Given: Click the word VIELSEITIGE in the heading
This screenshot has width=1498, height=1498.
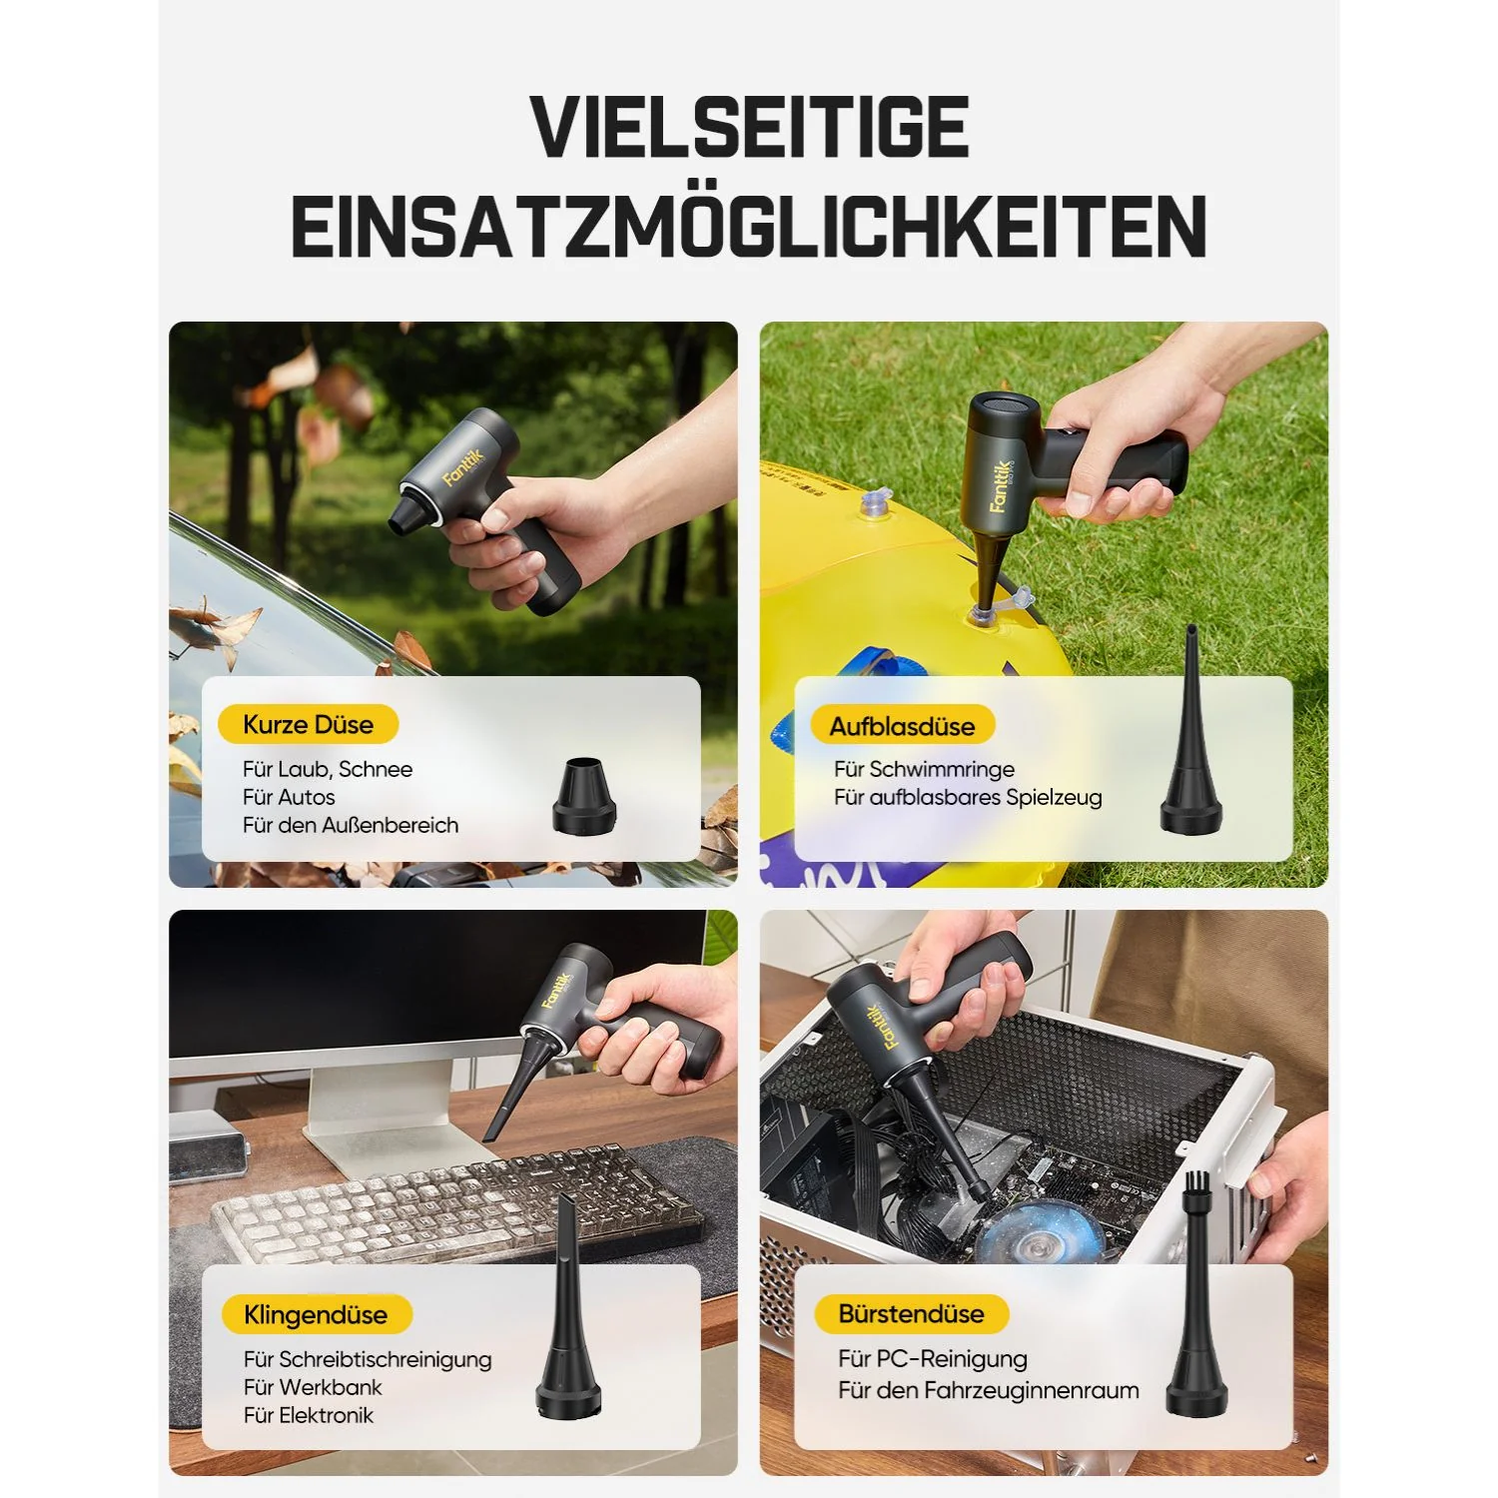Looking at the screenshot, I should [x=749, y=128].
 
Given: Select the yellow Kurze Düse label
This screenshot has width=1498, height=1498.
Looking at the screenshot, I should [x=308, y=725].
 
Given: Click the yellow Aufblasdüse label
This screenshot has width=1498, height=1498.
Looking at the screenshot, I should [x=902, y=726].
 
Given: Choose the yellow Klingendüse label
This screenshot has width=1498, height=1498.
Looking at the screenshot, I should [x=315, y=1314].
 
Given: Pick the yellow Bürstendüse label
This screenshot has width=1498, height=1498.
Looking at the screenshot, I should [x=911, y=1313].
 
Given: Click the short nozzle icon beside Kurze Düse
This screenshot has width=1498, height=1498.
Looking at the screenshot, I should [x=583, y=797].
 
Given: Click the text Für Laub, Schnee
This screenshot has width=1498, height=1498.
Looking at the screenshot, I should [x=327, y=769].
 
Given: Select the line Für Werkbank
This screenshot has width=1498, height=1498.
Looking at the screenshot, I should [x=313, y=1387].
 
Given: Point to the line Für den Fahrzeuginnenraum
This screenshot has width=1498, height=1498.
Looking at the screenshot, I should [x=988, y=1389].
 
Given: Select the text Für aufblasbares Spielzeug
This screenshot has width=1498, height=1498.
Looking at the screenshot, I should [x=968, y=797].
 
